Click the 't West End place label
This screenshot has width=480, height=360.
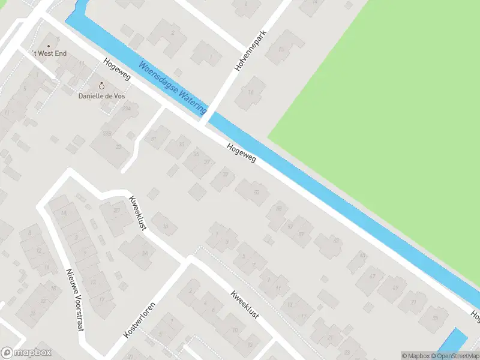click(x=49, y=53)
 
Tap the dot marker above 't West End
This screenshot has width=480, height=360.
click(x=49, y=45)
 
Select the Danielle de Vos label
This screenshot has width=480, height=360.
click(x=101, y=95)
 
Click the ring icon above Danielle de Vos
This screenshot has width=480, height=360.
click(x=101, y=86)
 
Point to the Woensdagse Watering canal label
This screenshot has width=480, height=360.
click(x=172, y=88)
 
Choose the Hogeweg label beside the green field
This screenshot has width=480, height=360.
click(x=241, y=153)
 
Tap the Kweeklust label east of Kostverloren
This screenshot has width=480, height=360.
click(x=244, y=304)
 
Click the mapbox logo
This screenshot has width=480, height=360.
click(x=27, y=352)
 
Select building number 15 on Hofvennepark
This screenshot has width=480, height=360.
click(x=282, y=47)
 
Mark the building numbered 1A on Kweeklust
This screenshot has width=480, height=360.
click(x=165, y=226)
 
